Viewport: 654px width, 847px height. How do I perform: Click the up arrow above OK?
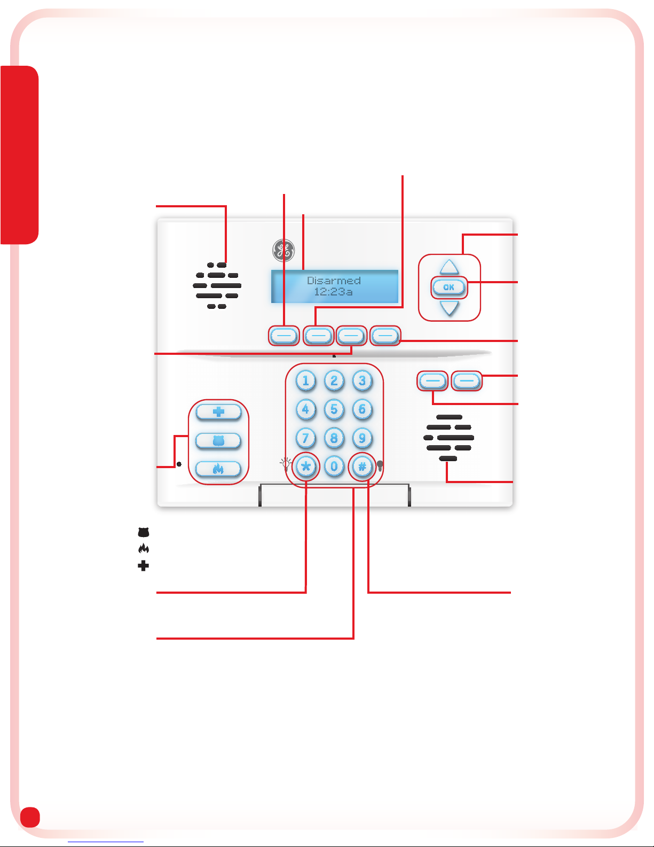pyautogui.click(x=450, y=267)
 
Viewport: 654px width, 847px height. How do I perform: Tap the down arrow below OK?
pyautogui.click(x=450, y=308)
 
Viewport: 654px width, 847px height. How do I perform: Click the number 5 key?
pyautogui.click(x=334, y=409)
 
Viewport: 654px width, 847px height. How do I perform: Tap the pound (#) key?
pyautogui.click(x=362, y=467)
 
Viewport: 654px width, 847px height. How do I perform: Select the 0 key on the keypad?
pyautogui.click(x=334, y=467)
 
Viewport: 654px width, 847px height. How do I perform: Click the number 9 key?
pyautogui.click(x=362, y=438)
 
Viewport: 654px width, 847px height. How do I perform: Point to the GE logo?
pyautogui.click(x=283, y=250)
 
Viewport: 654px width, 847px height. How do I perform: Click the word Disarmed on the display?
pyautogui.click(x=334, y=281)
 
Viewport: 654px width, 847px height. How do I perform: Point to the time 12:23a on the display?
pyautogui.click(x=333, y=292)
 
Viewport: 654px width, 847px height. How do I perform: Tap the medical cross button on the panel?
pyautogui.click(x=218, y=412)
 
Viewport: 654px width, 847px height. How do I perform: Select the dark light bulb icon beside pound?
pyautogui.click(x=380, y=465)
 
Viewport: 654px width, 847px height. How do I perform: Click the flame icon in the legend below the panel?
pyautogui.click(x=143, y=548)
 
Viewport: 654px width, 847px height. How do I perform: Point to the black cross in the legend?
pyautogui.click(x=143, y=565)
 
